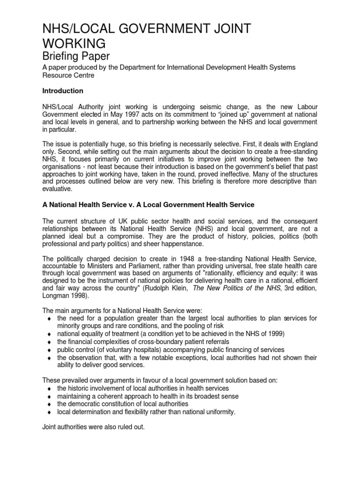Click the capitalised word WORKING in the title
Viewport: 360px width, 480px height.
[x=74, y=44]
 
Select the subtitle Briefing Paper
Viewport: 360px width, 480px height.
[x=76, y=56]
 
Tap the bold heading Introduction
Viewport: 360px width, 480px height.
[x=63, y=91]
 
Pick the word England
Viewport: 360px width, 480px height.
[x=304, y=146]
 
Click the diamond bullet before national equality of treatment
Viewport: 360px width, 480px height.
[x=49, y=334]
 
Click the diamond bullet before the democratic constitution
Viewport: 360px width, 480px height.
[x=49, y=405]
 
